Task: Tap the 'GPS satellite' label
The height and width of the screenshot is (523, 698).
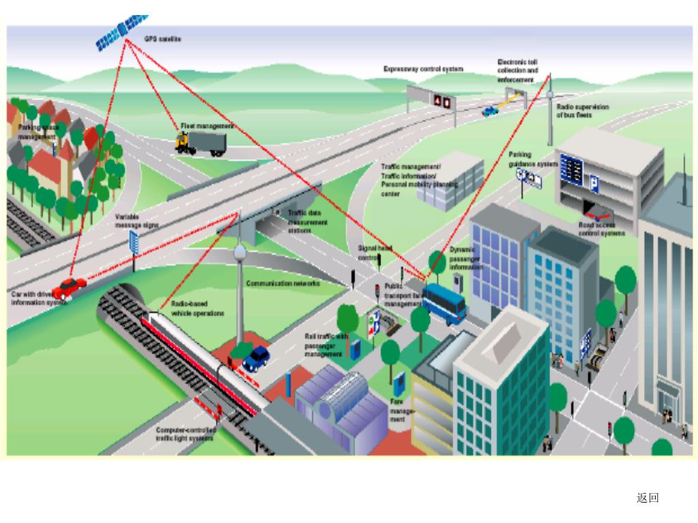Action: tap(162, 39)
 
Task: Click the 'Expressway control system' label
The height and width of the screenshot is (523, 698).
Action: tap(423, 69)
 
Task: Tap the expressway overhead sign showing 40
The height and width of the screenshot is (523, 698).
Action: tap(442, 101)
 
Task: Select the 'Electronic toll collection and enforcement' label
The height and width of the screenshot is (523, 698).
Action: tap(517, 71)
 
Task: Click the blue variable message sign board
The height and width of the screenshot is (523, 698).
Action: tap(134, 242)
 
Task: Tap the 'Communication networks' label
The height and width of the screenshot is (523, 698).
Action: tap(282, 283)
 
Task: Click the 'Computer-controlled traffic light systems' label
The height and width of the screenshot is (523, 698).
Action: tap(186, 434)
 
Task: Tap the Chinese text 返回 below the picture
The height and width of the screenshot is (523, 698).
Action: tap(648, 498)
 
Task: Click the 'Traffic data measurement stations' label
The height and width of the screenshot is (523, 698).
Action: tap(307, 222)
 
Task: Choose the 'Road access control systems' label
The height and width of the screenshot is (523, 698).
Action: tap(601, 229)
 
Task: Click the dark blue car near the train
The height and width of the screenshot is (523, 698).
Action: tap(256, 358)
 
